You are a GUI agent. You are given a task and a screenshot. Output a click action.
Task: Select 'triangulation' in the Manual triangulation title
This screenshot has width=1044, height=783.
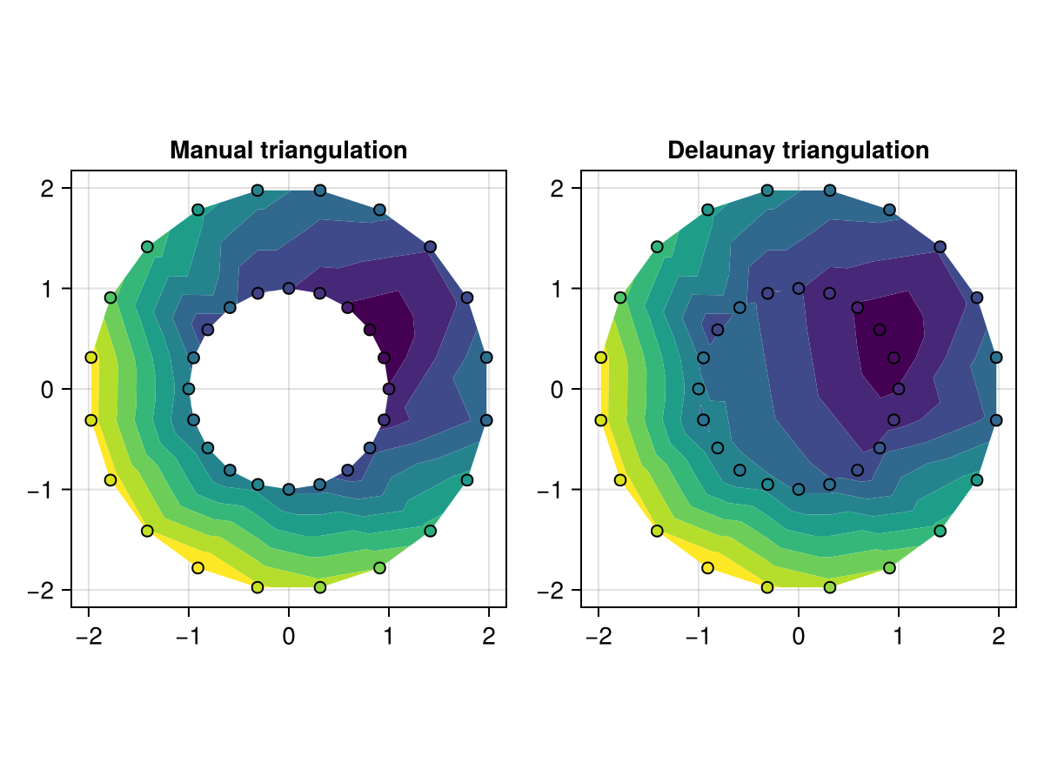(334, 151)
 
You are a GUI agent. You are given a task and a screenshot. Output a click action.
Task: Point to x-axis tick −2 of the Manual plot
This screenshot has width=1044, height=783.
(88, 637)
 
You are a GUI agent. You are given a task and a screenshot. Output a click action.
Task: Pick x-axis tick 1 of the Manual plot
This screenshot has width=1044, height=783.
(389, 637)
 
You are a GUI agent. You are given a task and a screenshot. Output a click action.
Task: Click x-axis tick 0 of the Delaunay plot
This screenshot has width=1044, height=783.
(799, 637)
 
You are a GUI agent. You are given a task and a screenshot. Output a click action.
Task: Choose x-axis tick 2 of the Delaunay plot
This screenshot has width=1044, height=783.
(999, 637)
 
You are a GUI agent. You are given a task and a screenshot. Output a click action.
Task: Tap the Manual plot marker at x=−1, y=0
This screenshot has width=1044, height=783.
(189, 389)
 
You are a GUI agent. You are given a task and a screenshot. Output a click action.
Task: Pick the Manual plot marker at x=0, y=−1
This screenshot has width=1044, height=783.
(289, 489)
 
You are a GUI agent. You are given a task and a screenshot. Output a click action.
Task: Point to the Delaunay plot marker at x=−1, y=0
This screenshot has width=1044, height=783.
(699, 389)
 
